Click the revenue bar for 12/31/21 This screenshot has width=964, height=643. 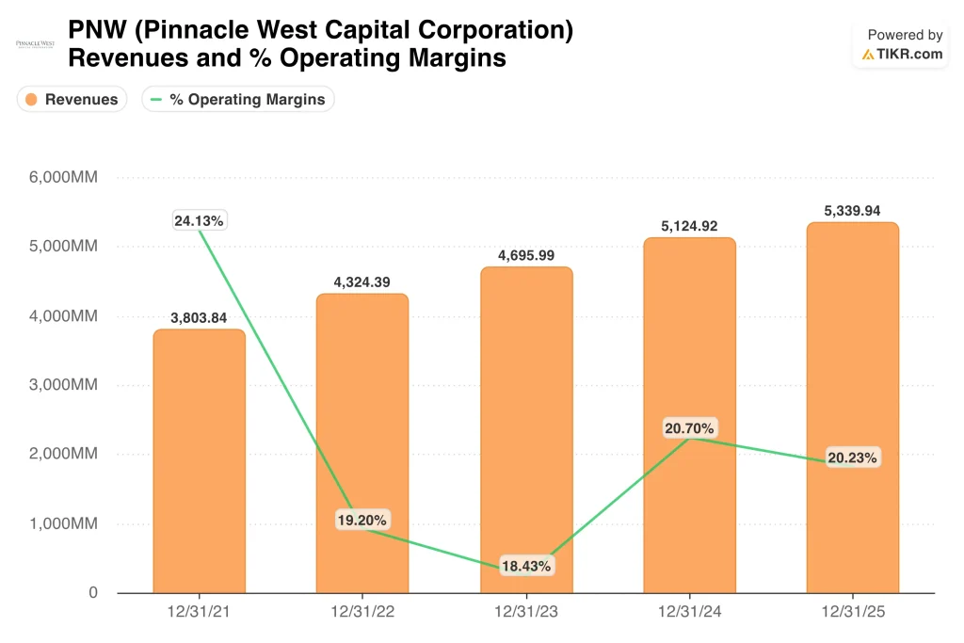200,461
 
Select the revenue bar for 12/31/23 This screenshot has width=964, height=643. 526,429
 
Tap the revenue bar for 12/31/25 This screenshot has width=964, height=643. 853,408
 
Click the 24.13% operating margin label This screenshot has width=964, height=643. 199,220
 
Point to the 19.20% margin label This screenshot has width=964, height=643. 362,520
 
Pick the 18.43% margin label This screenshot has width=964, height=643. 526,566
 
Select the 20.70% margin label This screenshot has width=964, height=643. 689,427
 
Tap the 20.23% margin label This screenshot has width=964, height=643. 853,458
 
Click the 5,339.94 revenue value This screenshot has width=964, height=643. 852,211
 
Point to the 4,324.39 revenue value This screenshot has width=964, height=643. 362,282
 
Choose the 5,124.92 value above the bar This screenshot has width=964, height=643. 689,226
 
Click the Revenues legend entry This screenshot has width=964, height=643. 72,99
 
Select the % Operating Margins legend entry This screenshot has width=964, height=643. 238,99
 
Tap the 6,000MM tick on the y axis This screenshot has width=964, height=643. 63,177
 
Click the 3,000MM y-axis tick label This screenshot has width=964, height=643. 63,385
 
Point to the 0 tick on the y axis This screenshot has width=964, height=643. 93,592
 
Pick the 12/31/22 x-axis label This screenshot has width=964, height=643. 362,612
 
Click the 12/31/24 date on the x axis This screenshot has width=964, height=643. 689,612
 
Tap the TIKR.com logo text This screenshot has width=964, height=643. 903,54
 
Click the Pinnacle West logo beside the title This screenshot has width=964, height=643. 35,44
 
